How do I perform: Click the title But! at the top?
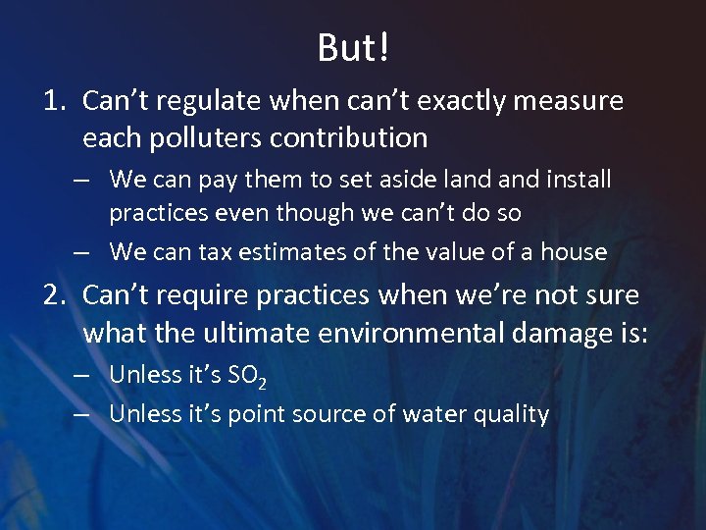pyautogui.click(x=353, y=46)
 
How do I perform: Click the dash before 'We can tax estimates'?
pyautogui.click(x=83, y=252)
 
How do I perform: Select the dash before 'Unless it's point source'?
pyautogui.click(x=83, y=414)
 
